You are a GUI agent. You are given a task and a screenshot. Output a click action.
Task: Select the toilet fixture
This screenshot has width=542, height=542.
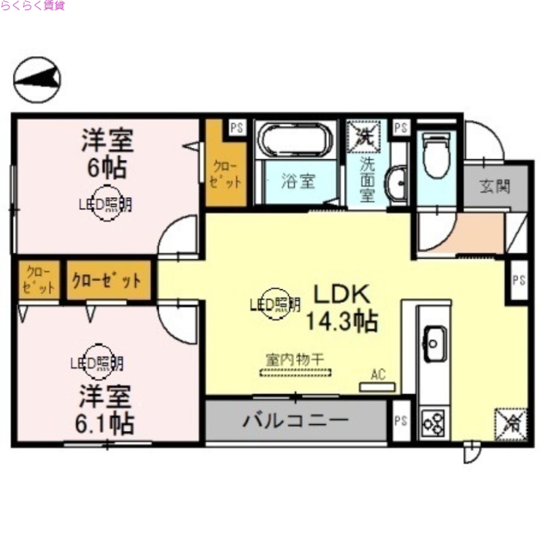(436, 152)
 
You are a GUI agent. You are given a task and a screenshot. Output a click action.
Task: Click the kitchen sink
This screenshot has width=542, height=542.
(434, 338)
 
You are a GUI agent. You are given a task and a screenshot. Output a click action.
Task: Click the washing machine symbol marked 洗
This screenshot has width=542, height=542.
(364, 135)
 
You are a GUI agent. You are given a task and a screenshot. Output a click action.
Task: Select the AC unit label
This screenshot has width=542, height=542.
(378, 374)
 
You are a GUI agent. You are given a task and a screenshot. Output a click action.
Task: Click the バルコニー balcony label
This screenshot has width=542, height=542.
(295, 420)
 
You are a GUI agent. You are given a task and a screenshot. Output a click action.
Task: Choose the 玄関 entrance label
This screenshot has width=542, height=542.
(495, 186)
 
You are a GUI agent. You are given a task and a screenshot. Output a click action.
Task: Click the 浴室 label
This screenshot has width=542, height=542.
(298, 182)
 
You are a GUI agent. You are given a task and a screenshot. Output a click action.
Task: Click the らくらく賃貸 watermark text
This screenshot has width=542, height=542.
(33, 7)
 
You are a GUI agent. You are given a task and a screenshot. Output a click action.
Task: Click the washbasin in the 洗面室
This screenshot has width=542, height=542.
(396, 183)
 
